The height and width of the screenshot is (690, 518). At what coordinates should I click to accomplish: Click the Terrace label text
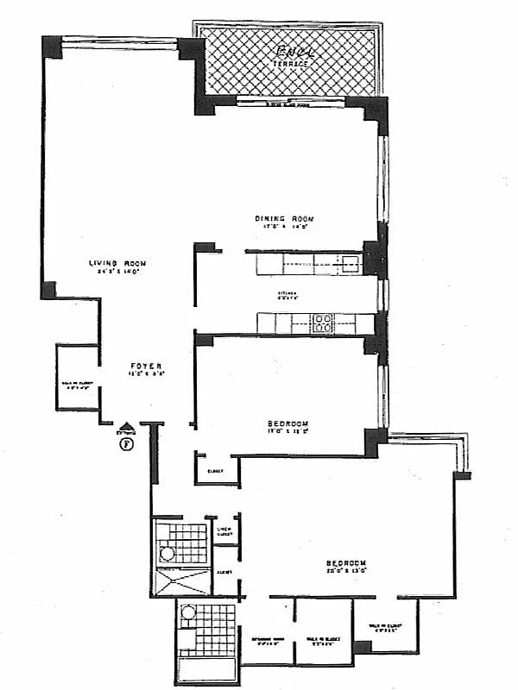click(290, 65)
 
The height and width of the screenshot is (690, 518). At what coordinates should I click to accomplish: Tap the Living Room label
click(118, 263)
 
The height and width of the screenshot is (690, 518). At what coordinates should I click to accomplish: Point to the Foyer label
click(142, 365)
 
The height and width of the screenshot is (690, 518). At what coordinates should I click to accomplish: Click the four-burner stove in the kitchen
click(323, 324)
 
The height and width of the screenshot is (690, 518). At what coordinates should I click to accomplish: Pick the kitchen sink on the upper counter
click(350, 265)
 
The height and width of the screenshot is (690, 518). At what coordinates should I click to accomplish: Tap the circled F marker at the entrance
click(127, 444)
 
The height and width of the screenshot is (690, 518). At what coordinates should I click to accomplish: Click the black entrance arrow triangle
click(127, 426)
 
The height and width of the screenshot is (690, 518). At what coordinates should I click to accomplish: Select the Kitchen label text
click(287, 294)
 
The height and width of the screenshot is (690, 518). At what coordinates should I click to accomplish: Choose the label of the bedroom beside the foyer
click(288, 423)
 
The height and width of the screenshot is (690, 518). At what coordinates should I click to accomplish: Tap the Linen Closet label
click(226, 532)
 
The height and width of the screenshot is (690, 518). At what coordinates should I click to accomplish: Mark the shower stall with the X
click(180, 585)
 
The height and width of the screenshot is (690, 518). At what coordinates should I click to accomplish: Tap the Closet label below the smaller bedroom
click(215, 471)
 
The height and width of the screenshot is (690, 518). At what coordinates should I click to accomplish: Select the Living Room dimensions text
click(118, 272)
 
